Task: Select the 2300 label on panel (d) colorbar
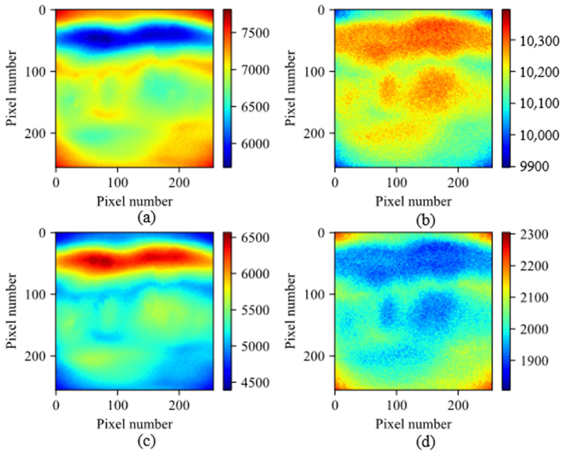pos(532,234)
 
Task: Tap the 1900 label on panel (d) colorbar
pos(532,361)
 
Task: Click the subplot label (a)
pos(147,218)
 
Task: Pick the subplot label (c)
pos(147,441)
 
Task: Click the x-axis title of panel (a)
pos(134,202)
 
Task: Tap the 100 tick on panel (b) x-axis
pos(397,183)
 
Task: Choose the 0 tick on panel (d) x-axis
pos(335,406)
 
